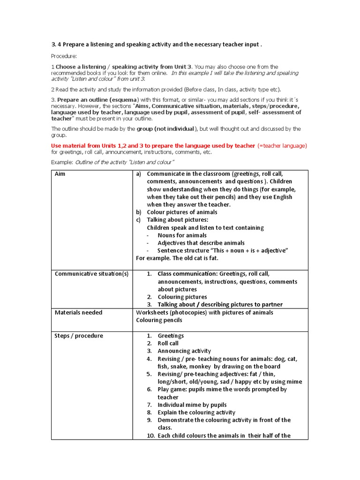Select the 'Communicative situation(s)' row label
click(x=91, y=274)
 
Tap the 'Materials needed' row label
click(x=78, y=313)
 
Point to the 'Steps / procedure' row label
click(x=79, y=336)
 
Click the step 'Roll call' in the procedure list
click(x=168, y=344)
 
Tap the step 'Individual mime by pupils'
click(x=192, y=405)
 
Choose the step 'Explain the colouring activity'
click(x=196, y=412)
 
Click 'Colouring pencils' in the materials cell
click(x=159, y=320)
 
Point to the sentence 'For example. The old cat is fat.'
click(x=177, y=258)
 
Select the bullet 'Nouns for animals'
click(x=182, y=235)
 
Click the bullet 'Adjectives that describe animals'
click(x=201, y=243)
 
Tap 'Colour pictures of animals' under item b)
click(x=182, y=212)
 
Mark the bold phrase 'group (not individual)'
click(x=165, y=128)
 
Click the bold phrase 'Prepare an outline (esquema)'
click(x=98, y=100)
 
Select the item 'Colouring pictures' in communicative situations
click(x=182, y=297)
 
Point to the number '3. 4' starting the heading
click(x=57, y=45)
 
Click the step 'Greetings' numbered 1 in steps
click(x=171, y=336)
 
